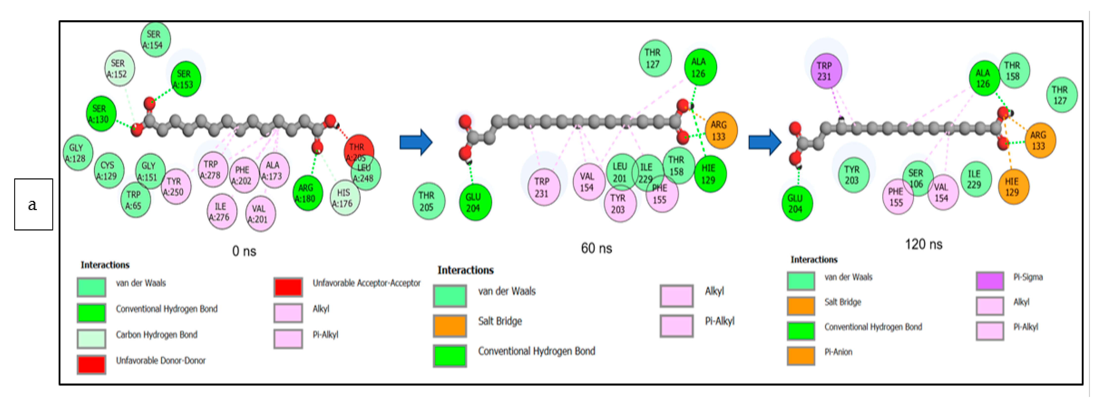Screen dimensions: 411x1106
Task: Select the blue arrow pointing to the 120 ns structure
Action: (x=764, y=142)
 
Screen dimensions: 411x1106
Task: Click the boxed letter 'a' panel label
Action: (x=33, y=204)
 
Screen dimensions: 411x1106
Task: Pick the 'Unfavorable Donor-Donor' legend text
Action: (x=160, y=360)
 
